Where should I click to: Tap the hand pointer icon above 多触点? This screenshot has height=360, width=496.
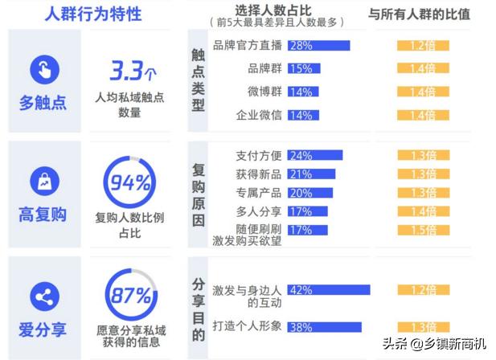pyautogui.click(x=44, y=71)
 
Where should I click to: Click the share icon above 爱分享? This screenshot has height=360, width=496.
pyautogui.click(x=44, y=297)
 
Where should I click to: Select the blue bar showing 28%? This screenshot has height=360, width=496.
pyautogui.click(x=318, y=46)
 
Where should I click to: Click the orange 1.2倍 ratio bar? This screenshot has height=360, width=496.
pyautogui.click(x=424, y=46)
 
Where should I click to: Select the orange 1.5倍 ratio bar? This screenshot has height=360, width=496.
pyautogui.click(x=424, y=230)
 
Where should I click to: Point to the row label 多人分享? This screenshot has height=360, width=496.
pyautogui.click(x=259, y=211)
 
